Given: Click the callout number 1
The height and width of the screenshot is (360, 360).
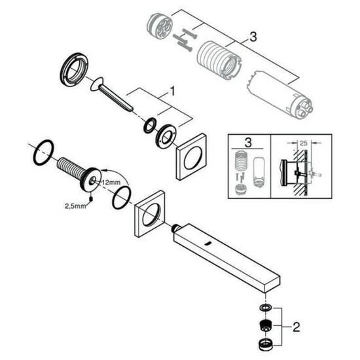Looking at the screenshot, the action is pyautogui.click(x=171, y=91).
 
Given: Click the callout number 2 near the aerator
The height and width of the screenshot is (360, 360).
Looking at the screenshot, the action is pyautogui.click(x=296, y=327).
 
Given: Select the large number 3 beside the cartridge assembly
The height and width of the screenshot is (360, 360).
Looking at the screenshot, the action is pyautogui.click(x=253, y=37).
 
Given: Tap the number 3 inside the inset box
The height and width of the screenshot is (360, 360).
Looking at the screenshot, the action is pyautogui.click(x=248, y=142).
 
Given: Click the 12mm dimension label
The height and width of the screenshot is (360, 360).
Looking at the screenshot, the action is pyautogui.click(x=111, y=183).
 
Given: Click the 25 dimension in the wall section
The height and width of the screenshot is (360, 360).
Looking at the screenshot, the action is pyautogui.click(x=303, y=143).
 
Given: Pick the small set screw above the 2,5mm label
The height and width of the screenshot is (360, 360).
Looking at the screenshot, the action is pyautogui.click(x=91, y=198).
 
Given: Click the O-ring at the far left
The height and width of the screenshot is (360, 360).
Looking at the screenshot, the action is pyautogui.click(x=44, y=153).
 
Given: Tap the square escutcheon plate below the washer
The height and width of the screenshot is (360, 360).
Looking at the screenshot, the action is pyautogui.click(x=191, y=156).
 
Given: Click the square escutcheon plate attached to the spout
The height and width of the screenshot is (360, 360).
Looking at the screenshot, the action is pyautogui.click(x=150, y=214).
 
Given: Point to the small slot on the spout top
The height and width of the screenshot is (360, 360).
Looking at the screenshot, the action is pyautogui.click(x=208, y=243).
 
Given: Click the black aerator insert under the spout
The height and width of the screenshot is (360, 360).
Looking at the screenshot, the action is pyautogui.click(x=266, y=325).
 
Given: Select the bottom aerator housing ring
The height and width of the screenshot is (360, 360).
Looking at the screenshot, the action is pyautogui.click(x=266, y=344).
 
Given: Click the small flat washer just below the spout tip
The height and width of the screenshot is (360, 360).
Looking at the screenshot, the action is pyautogui.click(x=266, y=308).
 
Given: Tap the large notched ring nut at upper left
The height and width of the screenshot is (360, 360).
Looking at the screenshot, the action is pyautogui.click(x=75, y=70).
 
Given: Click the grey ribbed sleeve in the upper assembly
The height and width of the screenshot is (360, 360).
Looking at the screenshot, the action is pyautogui.click(x=219, y=60).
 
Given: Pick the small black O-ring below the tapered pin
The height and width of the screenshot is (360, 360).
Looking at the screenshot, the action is pyautogui.click(x=150, y=126).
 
